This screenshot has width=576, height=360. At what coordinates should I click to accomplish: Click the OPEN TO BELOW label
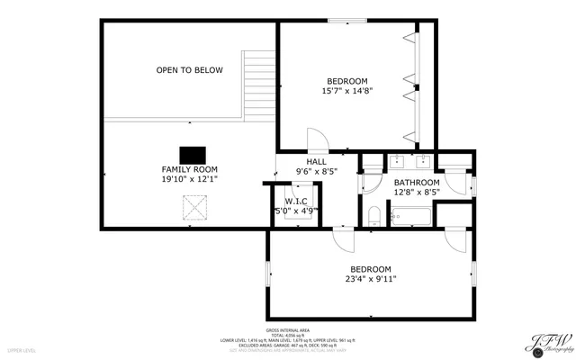pos(189,70)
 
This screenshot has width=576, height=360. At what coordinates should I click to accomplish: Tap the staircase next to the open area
pos(258,85)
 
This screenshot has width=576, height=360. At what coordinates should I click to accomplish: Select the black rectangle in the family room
pos(192,154)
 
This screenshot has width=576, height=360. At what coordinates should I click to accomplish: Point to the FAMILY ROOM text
pos(189,169)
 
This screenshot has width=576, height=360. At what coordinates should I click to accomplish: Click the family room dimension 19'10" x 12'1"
pos(189,180)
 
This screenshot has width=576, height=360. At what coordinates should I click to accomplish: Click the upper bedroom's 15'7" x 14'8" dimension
pos(346,91)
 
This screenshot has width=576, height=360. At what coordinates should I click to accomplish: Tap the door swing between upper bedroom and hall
pos(318,141)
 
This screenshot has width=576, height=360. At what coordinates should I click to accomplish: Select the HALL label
pos(317,161)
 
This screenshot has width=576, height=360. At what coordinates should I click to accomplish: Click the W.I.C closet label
pos(296,201)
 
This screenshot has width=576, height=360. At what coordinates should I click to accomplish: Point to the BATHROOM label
pos(416,182)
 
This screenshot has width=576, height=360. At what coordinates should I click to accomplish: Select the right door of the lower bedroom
pos(456,240)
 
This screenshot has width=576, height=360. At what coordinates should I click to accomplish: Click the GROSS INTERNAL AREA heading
pos(288,329)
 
